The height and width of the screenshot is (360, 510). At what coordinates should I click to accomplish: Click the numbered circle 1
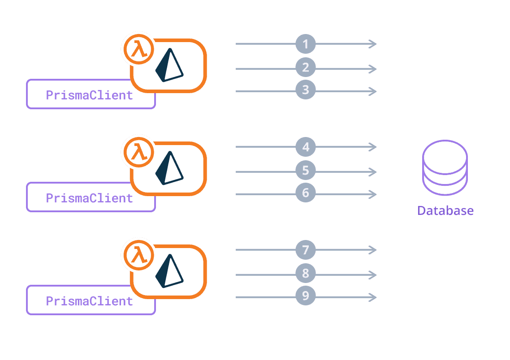pyautogui.click(x=306, y=44)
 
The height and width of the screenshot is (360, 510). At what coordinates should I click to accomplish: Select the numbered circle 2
pyautogui.click(x=306, y=68)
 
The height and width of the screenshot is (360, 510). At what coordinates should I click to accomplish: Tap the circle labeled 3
pyautogui.click(x=306, y=90)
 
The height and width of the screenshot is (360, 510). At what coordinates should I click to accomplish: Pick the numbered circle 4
pyautogui.click(x=306, y=147)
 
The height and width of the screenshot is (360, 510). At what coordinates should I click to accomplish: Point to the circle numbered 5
pyautogui.click(x=306, y=171)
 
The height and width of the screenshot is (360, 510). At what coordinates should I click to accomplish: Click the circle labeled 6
pyautogui.click(x=306, y=193)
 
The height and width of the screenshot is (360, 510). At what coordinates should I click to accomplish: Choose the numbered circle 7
pyautogui.click(x=306, y=250)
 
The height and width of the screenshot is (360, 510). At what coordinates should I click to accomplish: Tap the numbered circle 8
pyautogui.click(x=306, y=274)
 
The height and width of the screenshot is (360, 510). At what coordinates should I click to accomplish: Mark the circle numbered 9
pyautogui.click(x=306, y=296)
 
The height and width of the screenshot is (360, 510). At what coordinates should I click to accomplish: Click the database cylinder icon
pyautogui.click(x=445, y=168)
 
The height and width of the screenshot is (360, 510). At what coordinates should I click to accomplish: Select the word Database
pyautogui.click(x=445, y=210)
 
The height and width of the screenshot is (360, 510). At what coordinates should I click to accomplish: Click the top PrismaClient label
pyautogui.click(x=90, y=95)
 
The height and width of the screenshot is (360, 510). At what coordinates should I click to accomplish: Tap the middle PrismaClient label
pyautogui.click(x=90, y=198)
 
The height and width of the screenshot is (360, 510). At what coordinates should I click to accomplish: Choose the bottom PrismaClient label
pyautogui.click(x=90, y=301)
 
